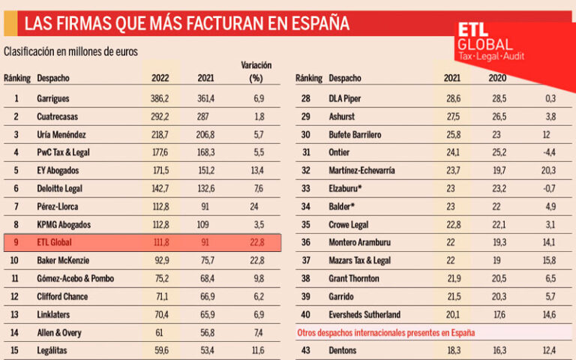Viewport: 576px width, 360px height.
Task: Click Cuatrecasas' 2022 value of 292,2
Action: [x=160, y=116]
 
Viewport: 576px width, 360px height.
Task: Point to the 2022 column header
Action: [x=160, y=78]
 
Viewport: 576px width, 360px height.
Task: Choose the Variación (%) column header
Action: [x=256, y=72]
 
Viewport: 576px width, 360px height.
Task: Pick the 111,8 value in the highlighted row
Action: [x=160, y=242]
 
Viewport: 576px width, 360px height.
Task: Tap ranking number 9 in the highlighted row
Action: [x=16, y=242]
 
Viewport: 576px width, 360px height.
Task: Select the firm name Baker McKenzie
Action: [x=63, y=260]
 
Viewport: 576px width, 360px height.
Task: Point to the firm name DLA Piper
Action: [x=346, y=98]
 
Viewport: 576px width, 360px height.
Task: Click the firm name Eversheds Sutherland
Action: [x=368, y=314]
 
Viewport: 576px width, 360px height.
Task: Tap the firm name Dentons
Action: [x=345, y=350]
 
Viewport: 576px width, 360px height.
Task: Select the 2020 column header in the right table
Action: [x=497, y=78]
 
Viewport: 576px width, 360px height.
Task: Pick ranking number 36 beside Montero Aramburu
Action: [x=306, y=242]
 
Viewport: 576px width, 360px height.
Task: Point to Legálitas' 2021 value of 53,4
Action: [x=205, y=350]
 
